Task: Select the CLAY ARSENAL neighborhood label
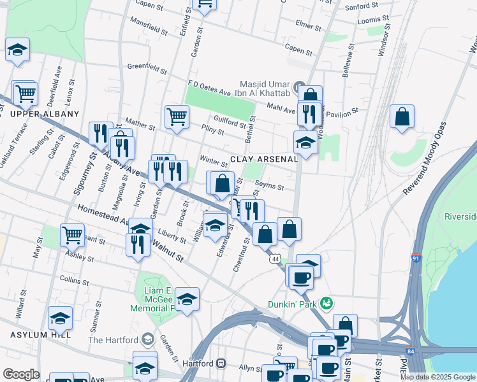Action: point(264,159)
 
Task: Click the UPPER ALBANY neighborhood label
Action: point(45,114)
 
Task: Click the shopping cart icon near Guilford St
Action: point(177,116)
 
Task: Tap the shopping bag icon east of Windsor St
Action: point(402,117)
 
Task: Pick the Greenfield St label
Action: point(147,67)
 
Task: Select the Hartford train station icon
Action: point(221,364)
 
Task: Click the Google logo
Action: point(21,374)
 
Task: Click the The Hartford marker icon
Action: point(148,339)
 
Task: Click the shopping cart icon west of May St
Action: point(72,234)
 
